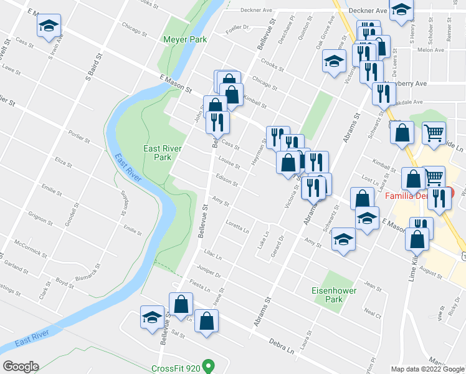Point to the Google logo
pyautogui.click(x=21, y=367)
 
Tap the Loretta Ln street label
pyautogui.click(x=237, y=225)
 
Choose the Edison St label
pyautogui.click(x=227, y=181)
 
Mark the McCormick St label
pyautogui.click(x=30, y=249)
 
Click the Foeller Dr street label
pyautogui.click(x=237, y=27)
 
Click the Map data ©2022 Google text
pyautogui.click(x=427, y=369)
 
